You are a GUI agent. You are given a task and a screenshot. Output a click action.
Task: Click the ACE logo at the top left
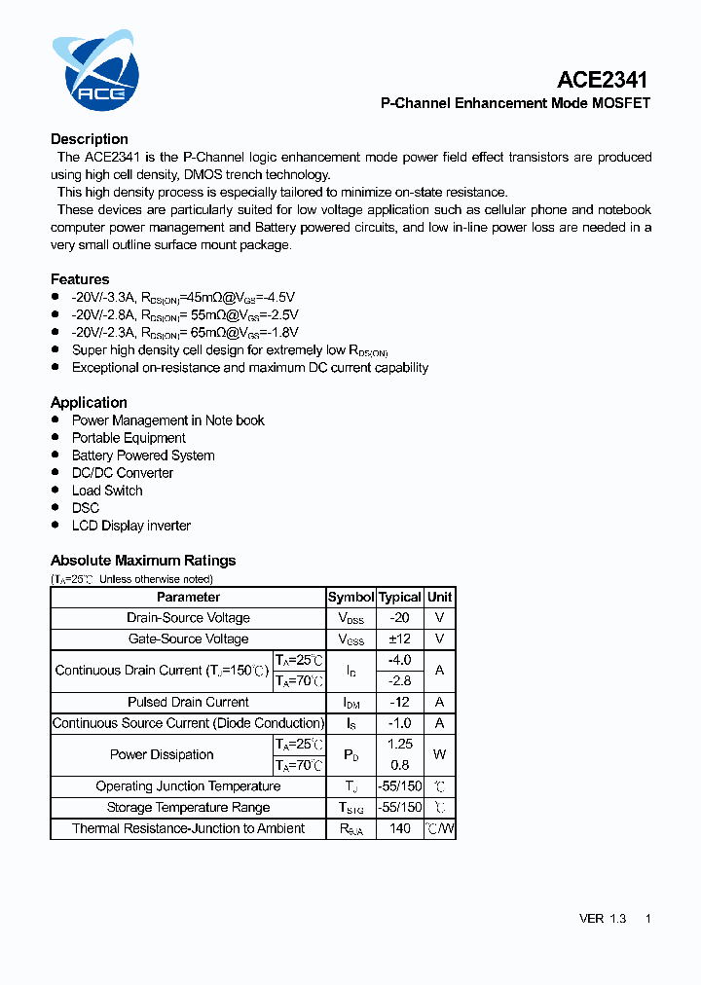(x=95, y=71)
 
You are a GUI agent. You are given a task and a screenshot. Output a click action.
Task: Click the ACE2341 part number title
(x=603, y=80)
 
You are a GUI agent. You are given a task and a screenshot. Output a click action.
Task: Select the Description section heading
(x=90, y=139)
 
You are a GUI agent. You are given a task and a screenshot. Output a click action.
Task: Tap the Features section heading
(x=80, y=279)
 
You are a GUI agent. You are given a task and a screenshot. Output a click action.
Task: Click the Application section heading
(x=89, y=402)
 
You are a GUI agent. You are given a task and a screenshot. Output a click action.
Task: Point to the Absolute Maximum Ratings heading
(x=143, y=561)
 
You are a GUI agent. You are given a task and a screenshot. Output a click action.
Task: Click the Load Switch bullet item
(x=107, y=491)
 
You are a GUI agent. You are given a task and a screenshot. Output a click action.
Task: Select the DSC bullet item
(x=86, y=508)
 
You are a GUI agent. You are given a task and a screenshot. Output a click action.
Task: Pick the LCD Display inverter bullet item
(x=131, y=526)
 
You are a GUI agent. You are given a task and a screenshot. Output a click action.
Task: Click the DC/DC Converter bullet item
(x=123, y=473)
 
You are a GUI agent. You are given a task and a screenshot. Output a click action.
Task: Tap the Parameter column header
(x=188, y=597)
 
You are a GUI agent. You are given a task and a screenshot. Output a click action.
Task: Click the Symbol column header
(x=350, y=597)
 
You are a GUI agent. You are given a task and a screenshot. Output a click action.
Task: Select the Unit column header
(x=440, y=597)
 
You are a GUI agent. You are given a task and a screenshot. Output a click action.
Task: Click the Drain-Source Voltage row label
(x=188, y=618)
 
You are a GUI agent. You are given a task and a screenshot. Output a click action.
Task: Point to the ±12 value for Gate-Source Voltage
(x=400, y=639)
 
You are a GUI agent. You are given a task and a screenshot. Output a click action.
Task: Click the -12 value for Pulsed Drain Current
(x=400, y=702)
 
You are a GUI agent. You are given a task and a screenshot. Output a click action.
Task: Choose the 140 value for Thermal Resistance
(x=400, y=828)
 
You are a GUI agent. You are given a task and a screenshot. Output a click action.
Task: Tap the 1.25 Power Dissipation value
(x=400, y=744)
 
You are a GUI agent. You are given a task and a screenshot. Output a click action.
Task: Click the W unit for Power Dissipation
(x=440, y=754)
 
